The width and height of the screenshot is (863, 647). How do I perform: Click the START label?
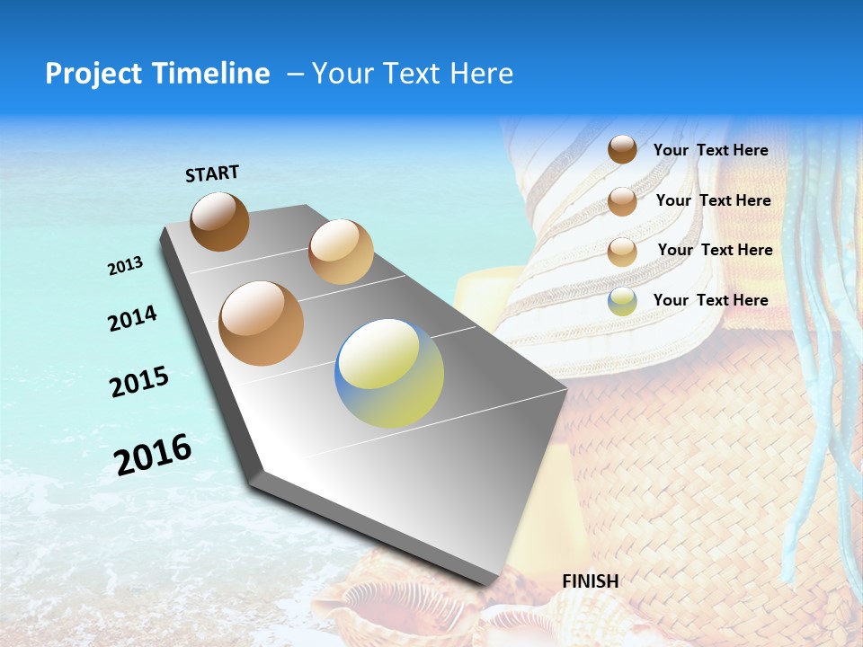point(212,173)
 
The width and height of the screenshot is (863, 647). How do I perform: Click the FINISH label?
point(590,581)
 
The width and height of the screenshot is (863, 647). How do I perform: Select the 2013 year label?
point(125,265)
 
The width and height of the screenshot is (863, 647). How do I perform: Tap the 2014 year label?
point(132,319)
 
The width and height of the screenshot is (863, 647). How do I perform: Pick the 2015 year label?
point(139,382)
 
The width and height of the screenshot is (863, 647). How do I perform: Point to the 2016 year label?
point(153,455)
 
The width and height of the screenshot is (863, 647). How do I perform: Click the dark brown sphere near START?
point(219,221)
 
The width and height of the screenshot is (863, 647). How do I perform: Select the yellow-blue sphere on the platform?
point(389,372)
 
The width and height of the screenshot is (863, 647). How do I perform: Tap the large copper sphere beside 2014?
point(261,323)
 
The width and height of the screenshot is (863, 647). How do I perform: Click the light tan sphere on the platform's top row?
point(341,252)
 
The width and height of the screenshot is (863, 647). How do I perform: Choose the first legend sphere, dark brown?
point(622,150)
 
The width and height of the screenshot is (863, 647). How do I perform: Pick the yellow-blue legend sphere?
point(622,301)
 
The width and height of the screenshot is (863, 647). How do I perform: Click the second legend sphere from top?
point(622,201)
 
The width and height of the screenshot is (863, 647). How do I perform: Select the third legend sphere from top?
point(622,251)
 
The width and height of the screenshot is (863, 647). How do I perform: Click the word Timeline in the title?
point(212,74)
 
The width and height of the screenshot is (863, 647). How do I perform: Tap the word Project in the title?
point(93,74)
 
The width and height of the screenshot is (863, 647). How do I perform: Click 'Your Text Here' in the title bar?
point(412,74)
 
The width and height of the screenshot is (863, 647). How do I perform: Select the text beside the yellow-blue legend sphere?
point(710,300)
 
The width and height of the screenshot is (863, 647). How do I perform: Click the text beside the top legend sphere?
point(710,150)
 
